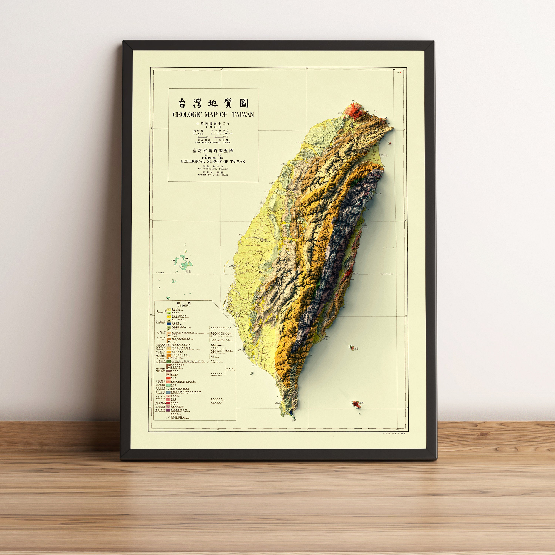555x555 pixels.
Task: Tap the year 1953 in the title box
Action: [213, 127]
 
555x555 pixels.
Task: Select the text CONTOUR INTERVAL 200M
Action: [213, 142]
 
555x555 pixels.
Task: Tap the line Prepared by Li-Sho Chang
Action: [213, 175]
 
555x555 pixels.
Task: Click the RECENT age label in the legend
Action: [161, 312]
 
